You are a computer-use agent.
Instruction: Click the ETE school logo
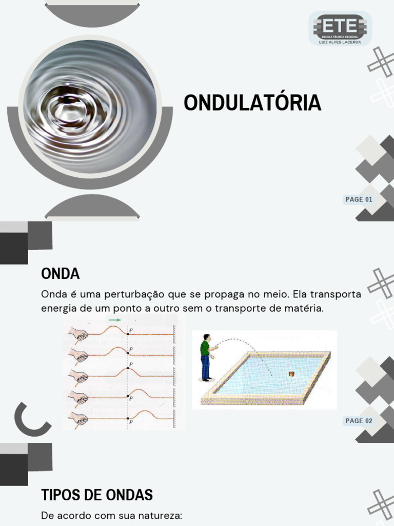click(x=340, y=28)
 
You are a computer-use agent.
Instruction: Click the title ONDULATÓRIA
click(x=252, y=103)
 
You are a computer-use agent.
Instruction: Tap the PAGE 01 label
click(x=359, y=200)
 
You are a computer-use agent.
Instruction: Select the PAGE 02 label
click(x=359, y=421)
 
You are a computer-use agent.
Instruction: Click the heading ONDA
click(x=60, y=274)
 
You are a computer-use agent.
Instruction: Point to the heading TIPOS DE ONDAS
click(x=97, y=495)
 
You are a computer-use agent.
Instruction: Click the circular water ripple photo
click(x=90, y=107)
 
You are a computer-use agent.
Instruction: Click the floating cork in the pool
click(x=291, y=373)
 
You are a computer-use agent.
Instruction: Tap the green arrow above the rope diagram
click(x=114, y=320)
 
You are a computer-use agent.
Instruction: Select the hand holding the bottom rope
click(x=79, y=419)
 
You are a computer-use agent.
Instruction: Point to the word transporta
click(x=337, y=295)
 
